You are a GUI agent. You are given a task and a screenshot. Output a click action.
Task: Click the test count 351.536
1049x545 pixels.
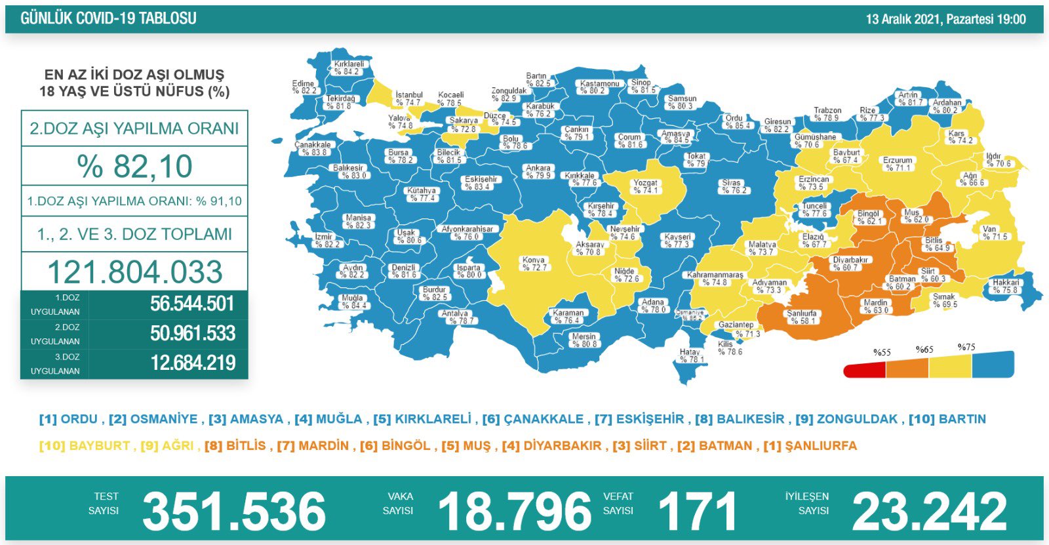pyautogui.click(x=234, y=512)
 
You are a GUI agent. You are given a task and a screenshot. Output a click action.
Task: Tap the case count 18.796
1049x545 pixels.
pyautogui.click(x=515, y=512)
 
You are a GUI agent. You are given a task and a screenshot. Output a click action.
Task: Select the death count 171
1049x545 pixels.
pyautogui.click(x=697, y=512)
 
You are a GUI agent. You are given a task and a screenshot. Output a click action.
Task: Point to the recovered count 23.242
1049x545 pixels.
pyautogui.click(x=929, y=512)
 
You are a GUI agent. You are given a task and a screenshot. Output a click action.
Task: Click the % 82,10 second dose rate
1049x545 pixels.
pyautogui.click(x=134, y=166)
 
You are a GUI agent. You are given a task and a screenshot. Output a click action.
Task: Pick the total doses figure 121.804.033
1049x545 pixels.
pyautogui.click(x=135, y=272)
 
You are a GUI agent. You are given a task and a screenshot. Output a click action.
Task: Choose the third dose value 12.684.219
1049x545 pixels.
pyautogui.click(x=193, y=363)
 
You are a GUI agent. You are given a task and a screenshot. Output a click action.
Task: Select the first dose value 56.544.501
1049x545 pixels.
pyautogui.click(x=192, y=304)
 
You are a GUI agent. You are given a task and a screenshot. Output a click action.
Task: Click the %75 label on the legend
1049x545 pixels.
pyautogui.click(x=966, y=347)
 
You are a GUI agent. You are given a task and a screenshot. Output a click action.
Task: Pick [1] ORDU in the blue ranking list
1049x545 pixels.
pyautogui.click(x=68, y=419)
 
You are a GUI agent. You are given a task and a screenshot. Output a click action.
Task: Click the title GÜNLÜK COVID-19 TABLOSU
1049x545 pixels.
pyautogui.click(x=108, y=19)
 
